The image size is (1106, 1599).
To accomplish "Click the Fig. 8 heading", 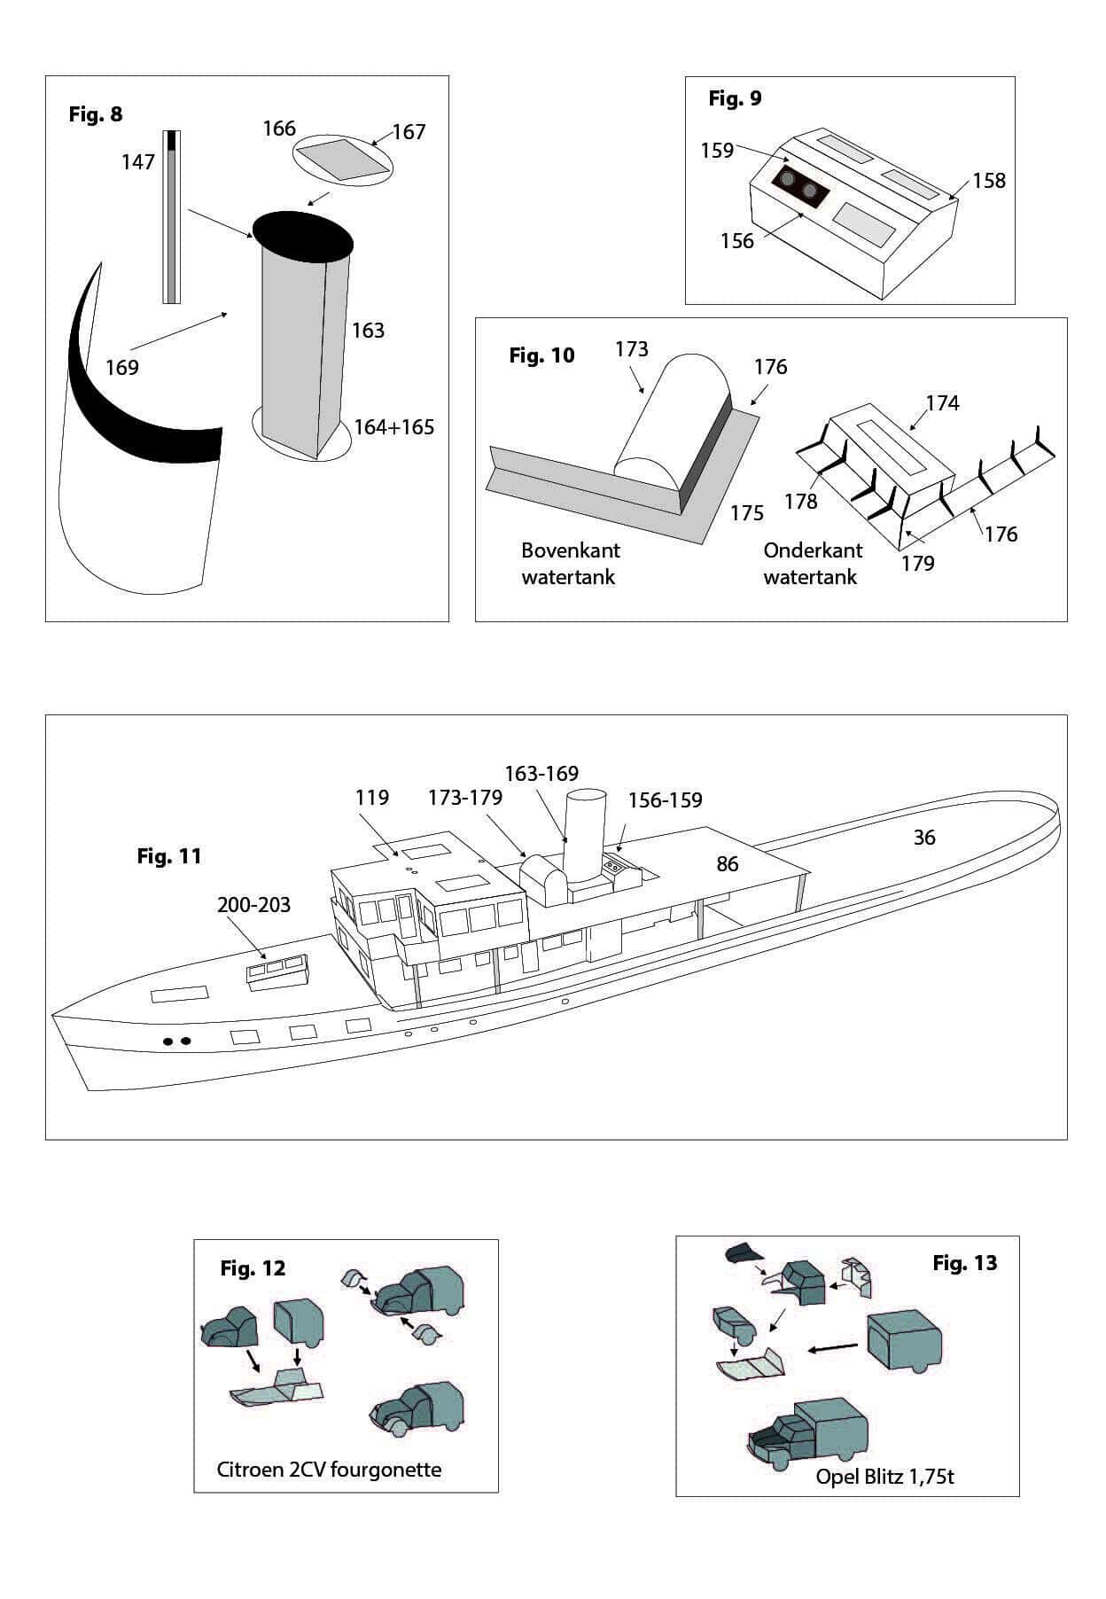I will (96, 114).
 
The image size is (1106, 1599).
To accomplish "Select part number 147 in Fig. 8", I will (138, 161).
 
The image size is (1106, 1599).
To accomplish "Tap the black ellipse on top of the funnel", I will (302, 236).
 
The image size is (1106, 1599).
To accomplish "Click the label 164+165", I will (394, 427).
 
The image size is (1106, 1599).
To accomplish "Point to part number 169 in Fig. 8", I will (122, 367).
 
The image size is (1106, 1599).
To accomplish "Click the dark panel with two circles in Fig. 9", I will (798, 188).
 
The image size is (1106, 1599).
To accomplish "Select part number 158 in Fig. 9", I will (989, 181).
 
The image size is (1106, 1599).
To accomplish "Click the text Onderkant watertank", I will (813, 564).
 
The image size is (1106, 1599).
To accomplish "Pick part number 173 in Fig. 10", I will (632, 349).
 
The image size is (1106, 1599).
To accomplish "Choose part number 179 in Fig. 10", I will (918, 564).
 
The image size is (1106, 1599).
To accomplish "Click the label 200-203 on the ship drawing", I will (253, 905).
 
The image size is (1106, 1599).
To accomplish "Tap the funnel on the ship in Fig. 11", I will (585, 833).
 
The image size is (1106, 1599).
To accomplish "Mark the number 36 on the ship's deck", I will (924, 838).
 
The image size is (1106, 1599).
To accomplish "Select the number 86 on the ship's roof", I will (728, 864).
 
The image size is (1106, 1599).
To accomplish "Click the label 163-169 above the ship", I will (541, 774).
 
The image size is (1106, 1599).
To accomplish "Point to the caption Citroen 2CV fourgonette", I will (329, 1470).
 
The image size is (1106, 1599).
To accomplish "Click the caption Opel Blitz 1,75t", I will (885, 1477).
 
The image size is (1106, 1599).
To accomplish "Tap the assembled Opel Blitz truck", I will (806, 1435).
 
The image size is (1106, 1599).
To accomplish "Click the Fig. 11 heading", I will (169, 856).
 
